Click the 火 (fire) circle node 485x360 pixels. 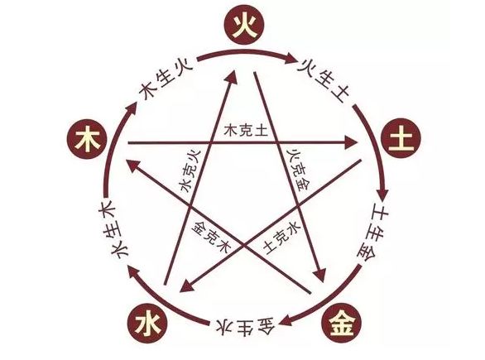point(244,25)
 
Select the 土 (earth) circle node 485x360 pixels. point(401,138)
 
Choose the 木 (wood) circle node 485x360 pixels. point(87,138)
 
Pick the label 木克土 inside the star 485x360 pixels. point(246,130)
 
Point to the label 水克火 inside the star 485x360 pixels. point(190,170)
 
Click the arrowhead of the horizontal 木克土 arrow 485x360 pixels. point(350,142)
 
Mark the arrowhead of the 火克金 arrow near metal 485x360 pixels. point(319,275)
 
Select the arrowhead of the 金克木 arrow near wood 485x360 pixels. point(135,165)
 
